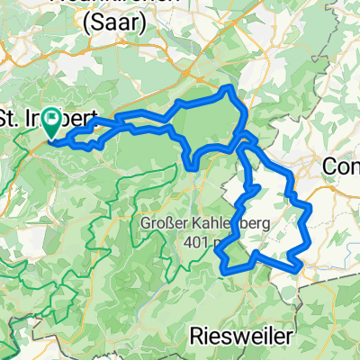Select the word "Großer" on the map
163,221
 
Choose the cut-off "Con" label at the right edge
342,167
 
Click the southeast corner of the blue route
298,266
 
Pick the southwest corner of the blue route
222,262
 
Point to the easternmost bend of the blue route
310,209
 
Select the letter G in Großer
144,221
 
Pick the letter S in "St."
7,118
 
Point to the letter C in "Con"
330,167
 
